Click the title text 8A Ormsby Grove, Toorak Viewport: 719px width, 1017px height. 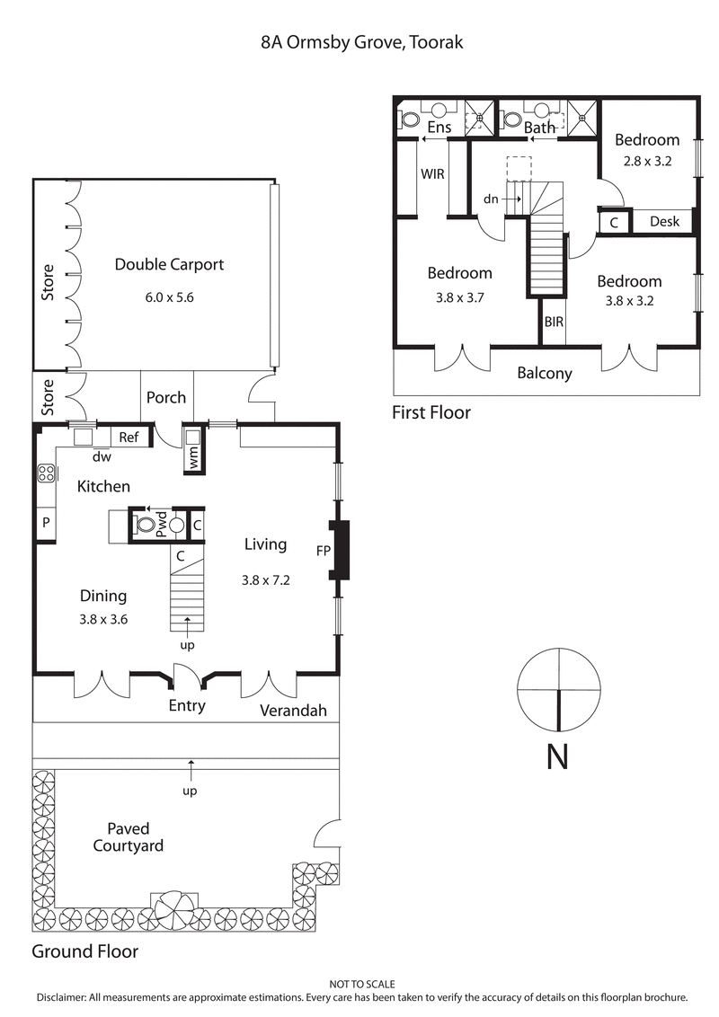click(359, 42)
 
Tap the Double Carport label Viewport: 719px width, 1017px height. click(169, 264)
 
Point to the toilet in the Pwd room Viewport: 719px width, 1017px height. click(145, 526)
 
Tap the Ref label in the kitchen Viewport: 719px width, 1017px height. click(129, 438)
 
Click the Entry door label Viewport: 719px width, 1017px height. click(187, 706)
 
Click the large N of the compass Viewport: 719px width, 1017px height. click(557, 757)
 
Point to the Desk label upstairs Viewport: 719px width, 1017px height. click(664, 221)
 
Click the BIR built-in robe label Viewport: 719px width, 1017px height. click(554, 321)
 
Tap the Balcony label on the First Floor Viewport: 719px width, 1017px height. click(545, 373)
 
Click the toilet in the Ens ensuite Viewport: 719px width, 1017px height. click(409, 119)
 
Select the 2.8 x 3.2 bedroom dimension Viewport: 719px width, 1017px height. click(647, 162)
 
